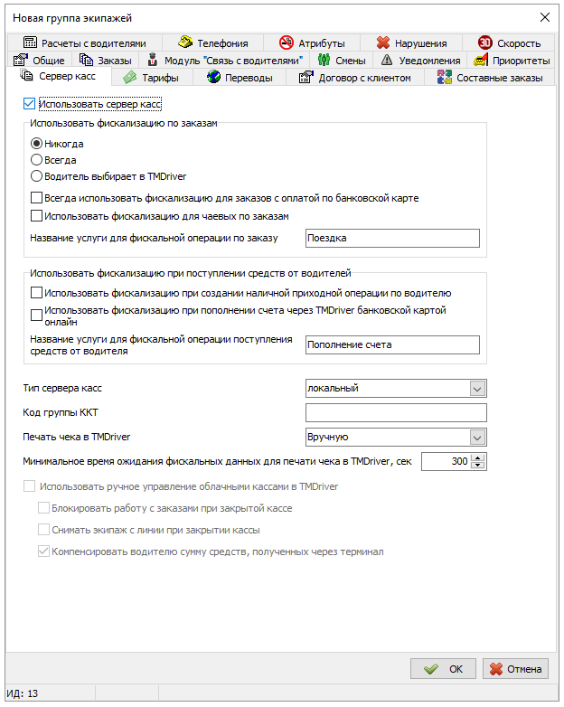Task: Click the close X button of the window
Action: tap(544, 17)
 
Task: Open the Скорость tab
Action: tap(510, 42)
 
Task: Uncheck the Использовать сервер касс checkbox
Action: tap(30, 105)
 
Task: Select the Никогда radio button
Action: tap(37, 143)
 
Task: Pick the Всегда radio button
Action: tap(37, 160)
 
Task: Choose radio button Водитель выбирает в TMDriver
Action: tap(37, 176)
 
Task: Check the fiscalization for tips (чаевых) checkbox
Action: tap(37, 216)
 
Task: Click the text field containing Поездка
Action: tap(390, 239)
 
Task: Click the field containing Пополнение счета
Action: tap(390, 344)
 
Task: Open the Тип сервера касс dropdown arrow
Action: tap(477, 388)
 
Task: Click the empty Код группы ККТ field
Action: tap(396, 413)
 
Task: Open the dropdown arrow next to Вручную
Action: tap(477, 438)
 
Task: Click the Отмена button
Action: tap(515, 669)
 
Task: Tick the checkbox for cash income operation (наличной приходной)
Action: tap(37, 293)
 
